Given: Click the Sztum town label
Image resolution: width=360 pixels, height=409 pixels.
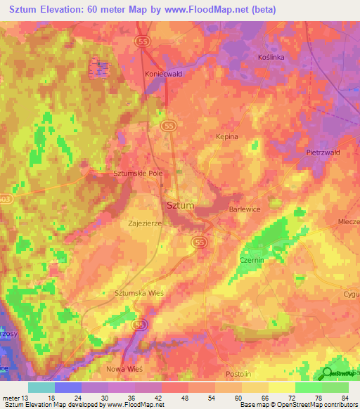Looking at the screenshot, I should point(180,206).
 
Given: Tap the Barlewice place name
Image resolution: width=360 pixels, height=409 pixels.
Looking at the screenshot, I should point(245,209).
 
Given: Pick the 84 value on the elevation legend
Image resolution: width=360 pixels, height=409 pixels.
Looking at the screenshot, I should point(344,398).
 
